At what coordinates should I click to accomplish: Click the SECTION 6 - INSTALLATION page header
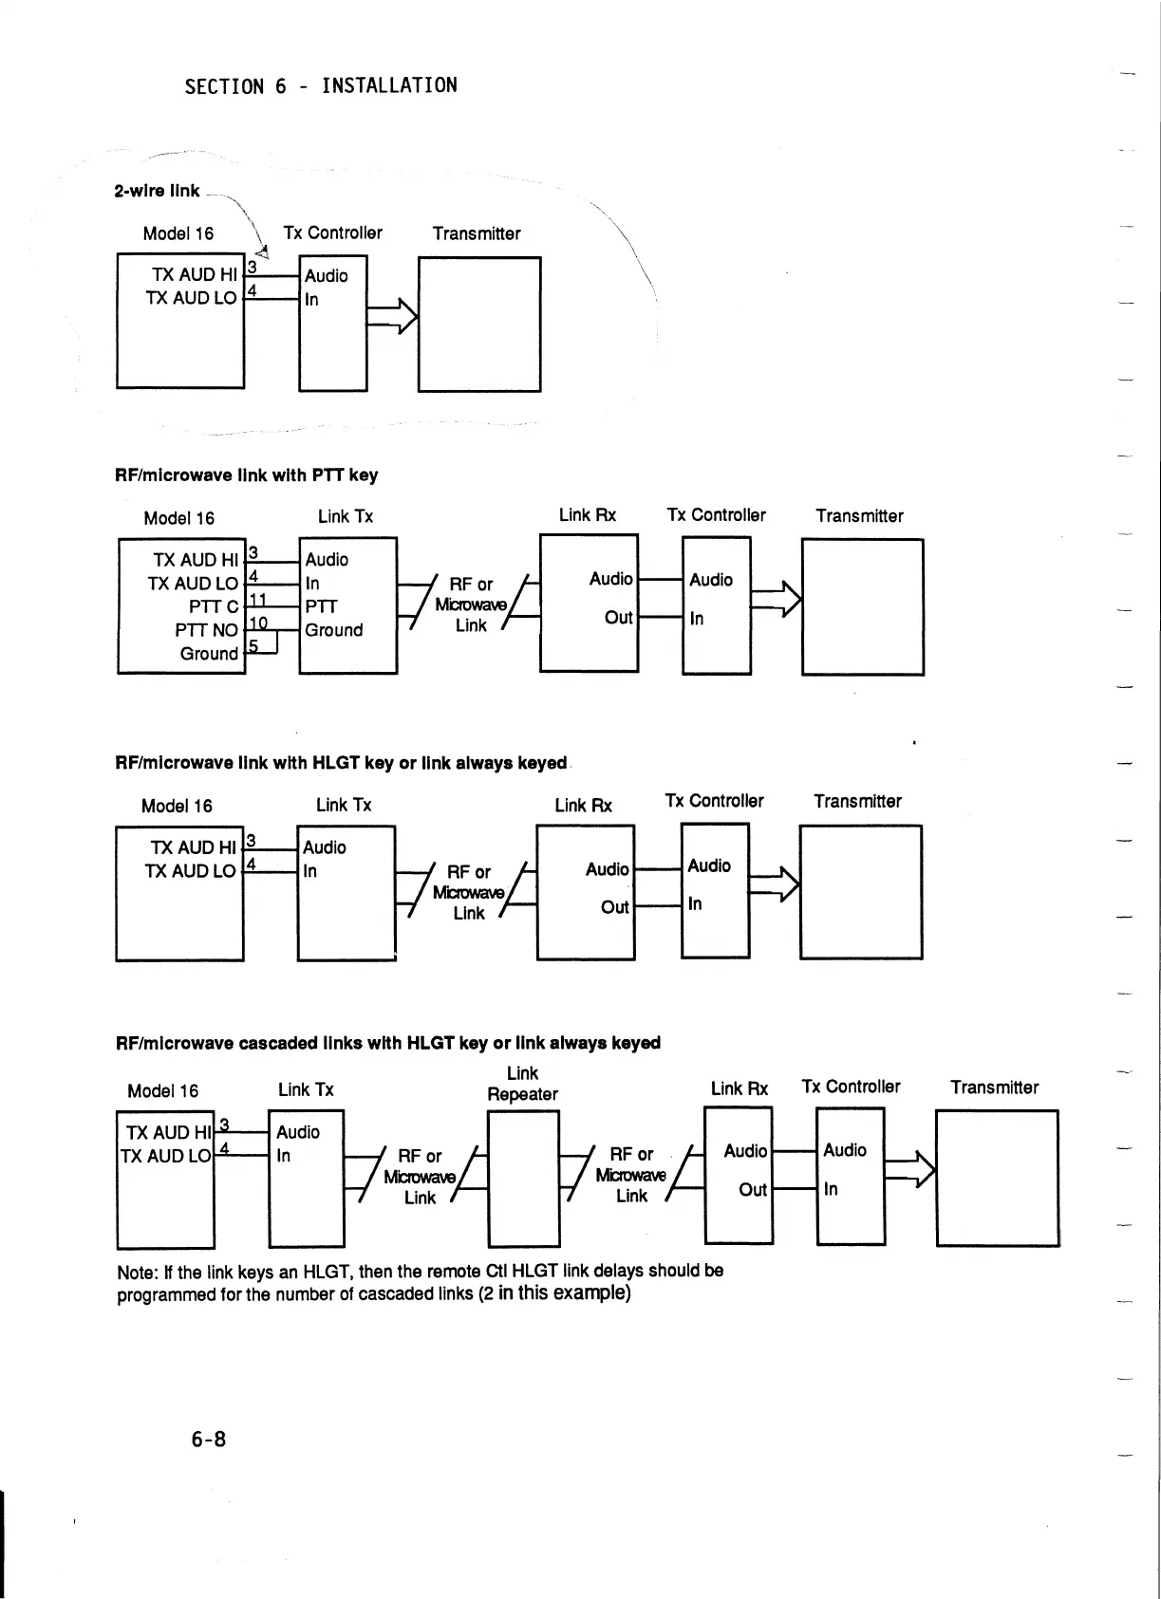[x=320, y=86]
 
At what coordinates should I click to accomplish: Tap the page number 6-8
[x=208, y=1439]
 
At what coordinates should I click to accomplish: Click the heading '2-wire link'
[x=157, y=191]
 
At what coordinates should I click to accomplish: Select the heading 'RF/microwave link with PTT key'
[x=246, y=474]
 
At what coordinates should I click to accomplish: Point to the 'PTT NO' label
[x=206, y=630]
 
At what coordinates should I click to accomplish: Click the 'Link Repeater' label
[x=522, y=1084]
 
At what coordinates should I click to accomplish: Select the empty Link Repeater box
[x=523, y=1178]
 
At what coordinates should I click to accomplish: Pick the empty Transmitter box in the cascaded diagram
[x=997, y=1178]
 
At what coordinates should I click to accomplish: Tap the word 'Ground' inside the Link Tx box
[x=333, y=630]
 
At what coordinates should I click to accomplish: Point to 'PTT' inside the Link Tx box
[x=321, y=606]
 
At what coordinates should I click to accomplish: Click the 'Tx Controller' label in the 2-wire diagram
[x=332, y=233]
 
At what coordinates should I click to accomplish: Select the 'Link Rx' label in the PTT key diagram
[x=587, y=515]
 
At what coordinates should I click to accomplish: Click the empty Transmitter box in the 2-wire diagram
[x=479, y=324]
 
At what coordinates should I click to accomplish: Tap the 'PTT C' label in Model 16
[x=213, y=606]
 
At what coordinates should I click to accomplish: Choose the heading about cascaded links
[x=387, y=1043]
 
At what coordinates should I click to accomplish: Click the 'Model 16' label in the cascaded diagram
[x=162, y=1091]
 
